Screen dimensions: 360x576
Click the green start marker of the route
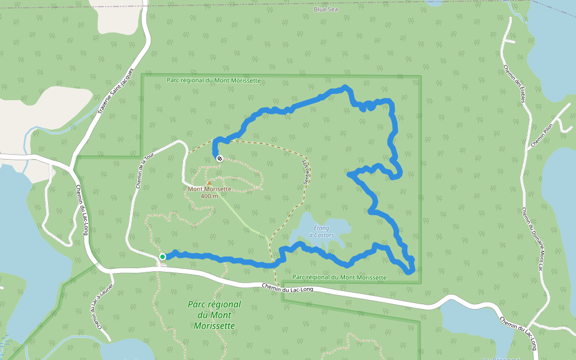tap(163, 257)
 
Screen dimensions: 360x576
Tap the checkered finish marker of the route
tap(220, 158)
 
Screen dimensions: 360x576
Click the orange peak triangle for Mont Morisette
tap(209, 182)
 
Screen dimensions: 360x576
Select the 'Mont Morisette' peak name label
tap(209, 189)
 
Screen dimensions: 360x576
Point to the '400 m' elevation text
tap(209, 196)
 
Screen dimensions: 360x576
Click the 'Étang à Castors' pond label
tap(321, 232)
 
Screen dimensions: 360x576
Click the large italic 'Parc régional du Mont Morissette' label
tap(214, 315)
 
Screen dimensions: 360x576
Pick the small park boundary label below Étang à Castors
tap(340, 277)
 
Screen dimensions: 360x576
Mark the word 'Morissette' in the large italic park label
tap(214, 326)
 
